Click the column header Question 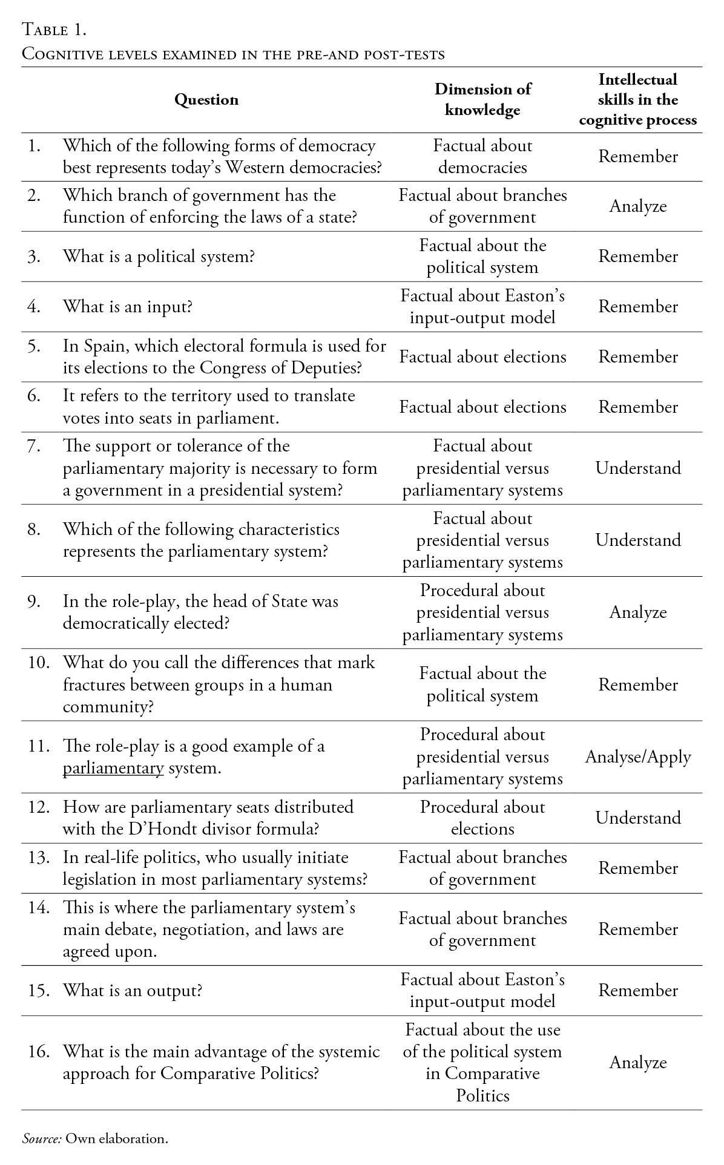tap(206, 100)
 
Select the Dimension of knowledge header tap(482, 100)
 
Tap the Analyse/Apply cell tap(638, 757)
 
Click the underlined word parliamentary tap(113, 769)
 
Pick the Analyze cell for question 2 tap(638, 206)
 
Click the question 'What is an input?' tap(128, 307)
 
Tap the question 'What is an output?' tap(133, 990)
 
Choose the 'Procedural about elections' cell tap(482, 818)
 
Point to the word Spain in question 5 tap(105, 346)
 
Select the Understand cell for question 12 tap(638, 818)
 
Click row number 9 tap(34, 602)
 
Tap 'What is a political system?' tap(159, 257)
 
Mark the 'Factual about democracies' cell tap(482, 157)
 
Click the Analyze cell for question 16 tap(638, 1063)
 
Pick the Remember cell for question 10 tap(638, 685)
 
